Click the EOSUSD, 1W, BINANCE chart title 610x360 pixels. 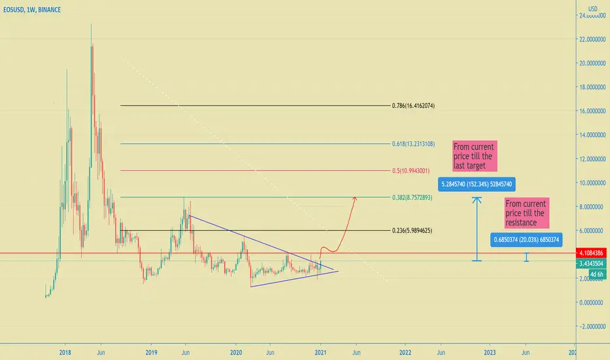click(x=32, y=10)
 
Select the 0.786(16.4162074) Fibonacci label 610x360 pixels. click(x=413, y=105)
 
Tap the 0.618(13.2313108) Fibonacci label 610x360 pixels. click(x=413, y=144)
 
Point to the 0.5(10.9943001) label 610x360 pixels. click(x=411, y=170)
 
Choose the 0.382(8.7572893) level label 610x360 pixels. click(x=412, y=197)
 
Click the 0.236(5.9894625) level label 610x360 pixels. click(x=412, y=230)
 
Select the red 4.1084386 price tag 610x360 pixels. click(x=591, y=253)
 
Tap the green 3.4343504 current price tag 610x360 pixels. click(x=591, y=264)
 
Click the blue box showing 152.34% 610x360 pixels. click(x=476, y=184)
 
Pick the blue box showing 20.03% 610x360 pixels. click(x=526, y=240)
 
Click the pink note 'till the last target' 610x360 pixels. click(x=475, y=156)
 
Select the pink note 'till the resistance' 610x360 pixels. click(x=527, y=213)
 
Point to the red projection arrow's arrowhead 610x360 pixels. click(x=355, y=199)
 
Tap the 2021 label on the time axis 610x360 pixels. click(x=320, y=353)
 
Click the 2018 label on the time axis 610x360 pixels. click(x=65, y=353)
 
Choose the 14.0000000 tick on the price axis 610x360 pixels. click(x=592, y=135)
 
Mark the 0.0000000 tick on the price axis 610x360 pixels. click(x=593, y=302)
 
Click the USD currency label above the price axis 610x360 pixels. click(x=592, y=9)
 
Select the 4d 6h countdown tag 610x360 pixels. click(x=597, y=274)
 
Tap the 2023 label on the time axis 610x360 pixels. click(x=490, y=353)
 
